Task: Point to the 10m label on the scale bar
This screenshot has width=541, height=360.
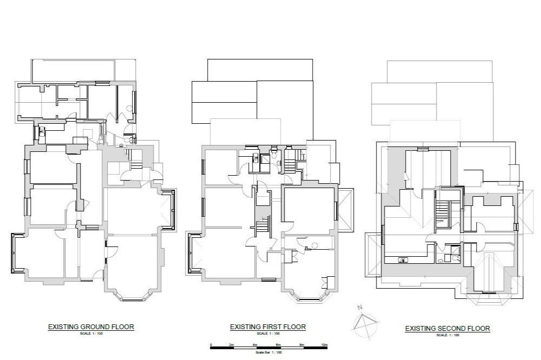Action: (325, 344)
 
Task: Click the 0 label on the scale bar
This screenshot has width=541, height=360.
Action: (211, 344)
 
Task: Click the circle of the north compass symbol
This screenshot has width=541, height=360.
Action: (364, 323)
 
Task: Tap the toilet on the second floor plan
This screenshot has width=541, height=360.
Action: (441, 260)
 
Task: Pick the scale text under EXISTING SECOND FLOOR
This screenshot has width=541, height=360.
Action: (447, 336)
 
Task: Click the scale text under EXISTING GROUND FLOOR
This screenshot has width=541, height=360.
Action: (90, 334)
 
